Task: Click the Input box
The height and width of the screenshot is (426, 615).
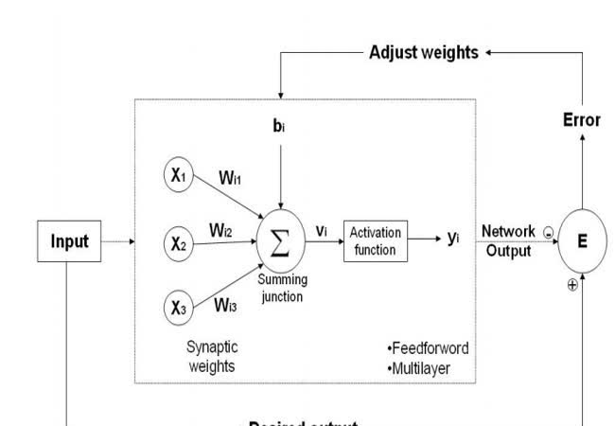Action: [70, 241]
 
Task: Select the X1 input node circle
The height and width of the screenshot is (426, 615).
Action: [179, 175]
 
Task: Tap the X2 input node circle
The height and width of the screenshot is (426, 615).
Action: [179, 243]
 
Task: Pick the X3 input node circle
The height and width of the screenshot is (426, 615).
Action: [179, 307]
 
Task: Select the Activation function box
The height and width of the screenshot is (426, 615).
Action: [376, 240]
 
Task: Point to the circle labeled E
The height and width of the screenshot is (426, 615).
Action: [582, 241]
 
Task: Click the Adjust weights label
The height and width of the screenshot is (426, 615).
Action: [423, 53]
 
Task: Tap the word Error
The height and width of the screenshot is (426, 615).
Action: [582, 120]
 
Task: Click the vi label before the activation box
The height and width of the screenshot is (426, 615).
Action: [323, 231]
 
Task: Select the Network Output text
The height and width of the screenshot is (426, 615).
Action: [509, 241]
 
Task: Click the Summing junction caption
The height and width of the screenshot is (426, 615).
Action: [282, 289]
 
